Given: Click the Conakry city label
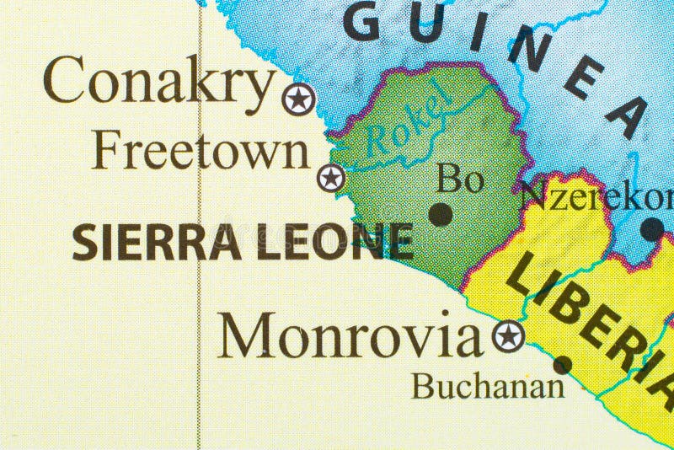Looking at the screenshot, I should [x=160, y=83].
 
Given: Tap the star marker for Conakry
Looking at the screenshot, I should [x=297, y=99].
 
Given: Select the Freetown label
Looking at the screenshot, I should [x=201, y=152].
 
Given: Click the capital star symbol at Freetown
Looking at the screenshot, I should [x=331, y=178].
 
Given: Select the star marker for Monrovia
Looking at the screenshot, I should [x=508, y=336].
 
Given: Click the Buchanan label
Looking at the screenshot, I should [x=487, y=387].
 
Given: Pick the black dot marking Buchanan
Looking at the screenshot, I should [x=562, y=365].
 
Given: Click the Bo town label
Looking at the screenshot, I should [x=461, y=179].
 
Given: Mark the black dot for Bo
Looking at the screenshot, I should [x=441, y=214].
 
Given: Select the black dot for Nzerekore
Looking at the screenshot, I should [x=651, y=228].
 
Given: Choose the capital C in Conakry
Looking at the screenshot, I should [x=65, y=83].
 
